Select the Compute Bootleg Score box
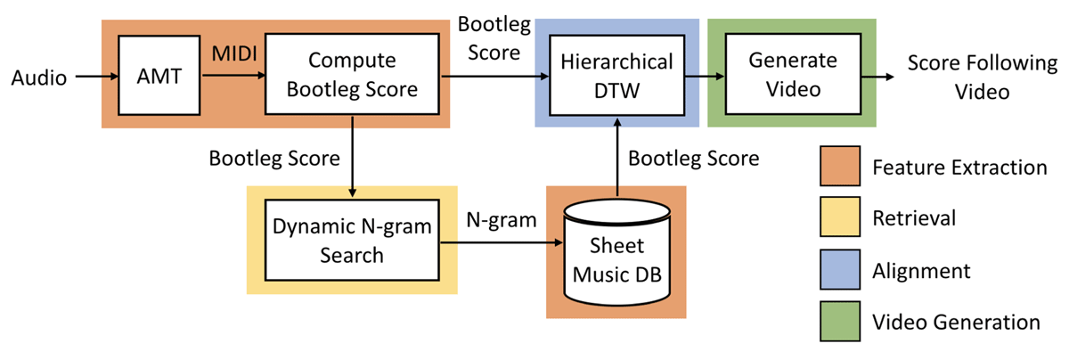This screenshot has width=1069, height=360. [352, 76]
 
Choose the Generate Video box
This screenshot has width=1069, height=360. [793, 76]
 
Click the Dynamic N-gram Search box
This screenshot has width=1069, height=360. [352, 241]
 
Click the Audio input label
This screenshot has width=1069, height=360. [39, 78]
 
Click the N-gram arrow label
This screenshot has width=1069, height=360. [502, 219]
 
